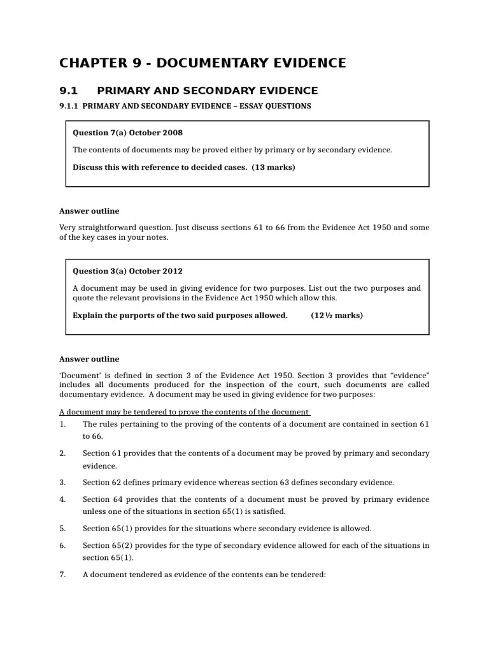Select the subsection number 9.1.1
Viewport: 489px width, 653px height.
(x=68, y=106)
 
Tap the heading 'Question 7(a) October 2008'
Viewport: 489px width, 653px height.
(x=128, y=133)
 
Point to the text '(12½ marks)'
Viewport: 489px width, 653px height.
(x=337, y=315)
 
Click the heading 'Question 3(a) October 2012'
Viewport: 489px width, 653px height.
(x=128, y=271)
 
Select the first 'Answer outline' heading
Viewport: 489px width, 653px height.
(x=89, y=211)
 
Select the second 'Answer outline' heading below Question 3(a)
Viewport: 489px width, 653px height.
(x=89, y=359)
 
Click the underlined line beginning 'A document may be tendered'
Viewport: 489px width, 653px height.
(x=185, y=412)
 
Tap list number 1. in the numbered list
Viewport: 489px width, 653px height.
(x=62, y=424)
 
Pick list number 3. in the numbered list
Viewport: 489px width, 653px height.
(x=62, y=482)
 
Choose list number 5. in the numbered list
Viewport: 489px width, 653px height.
(x=62, y=528)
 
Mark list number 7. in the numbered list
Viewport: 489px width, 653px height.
(x=62, y=574)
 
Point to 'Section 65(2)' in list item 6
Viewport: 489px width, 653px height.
(x=106, y=545)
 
